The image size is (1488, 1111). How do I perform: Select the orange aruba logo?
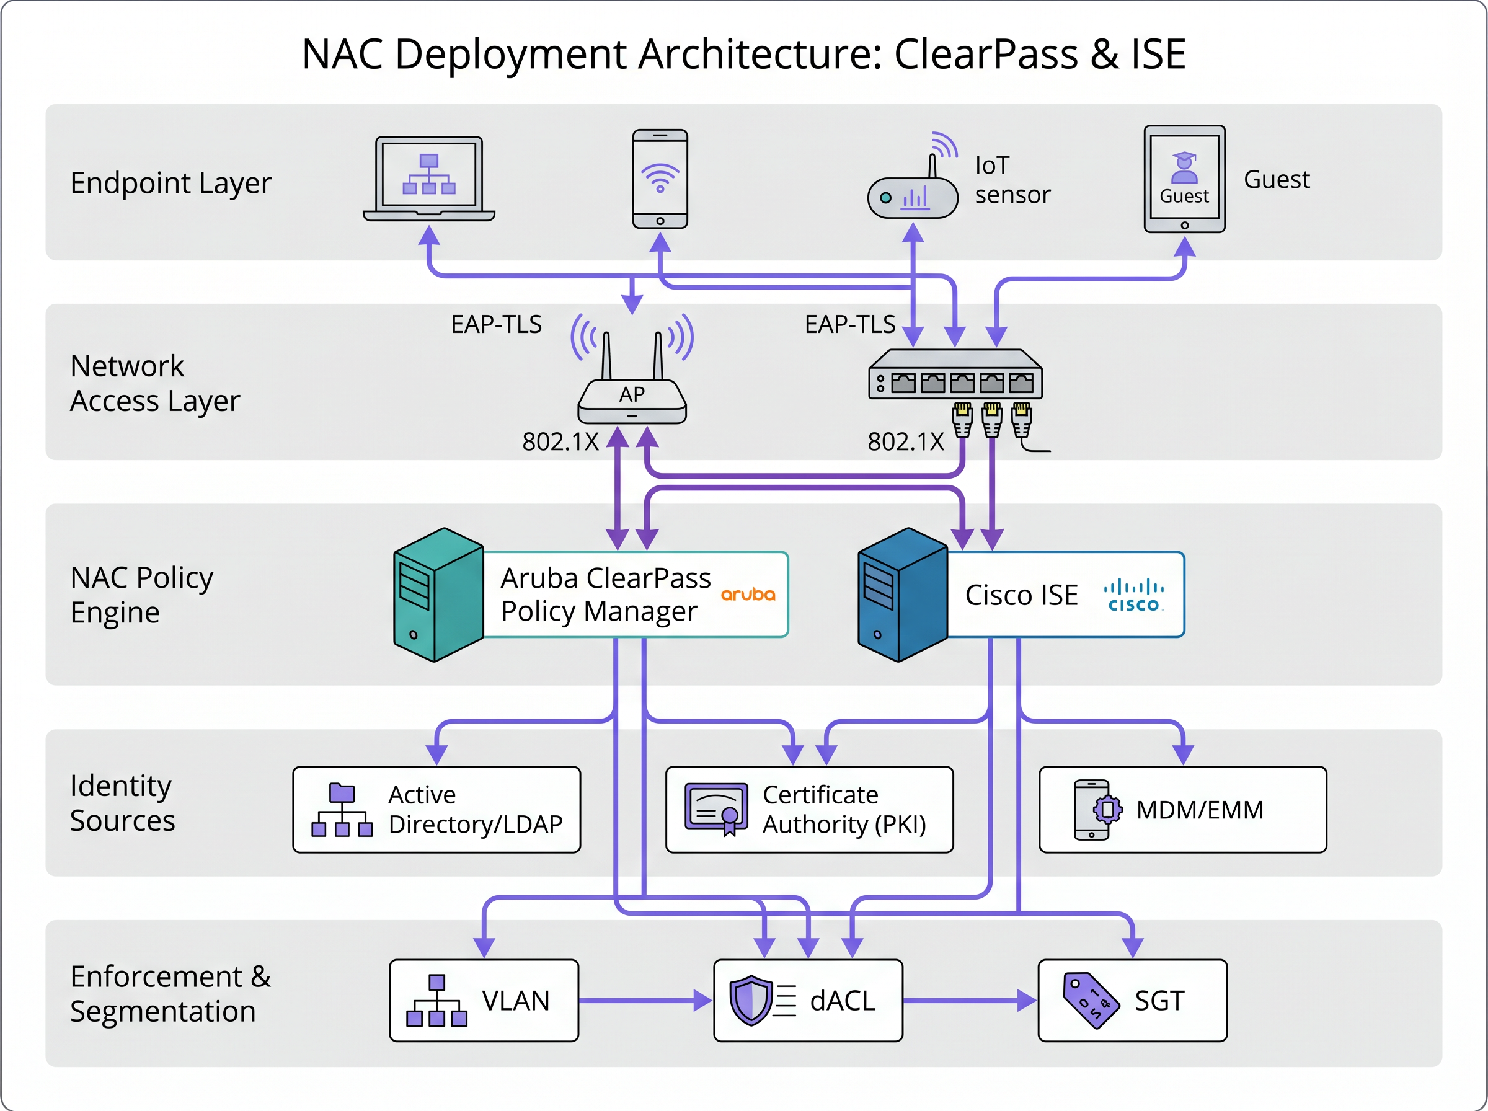pos(748,595)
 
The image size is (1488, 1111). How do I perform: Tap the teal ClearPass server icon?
pos(438,595)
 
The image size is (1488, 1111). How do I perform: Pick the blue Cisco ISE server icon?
pos(902,595)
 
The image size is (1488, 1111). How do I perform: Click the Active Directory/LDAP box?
pos(436,810)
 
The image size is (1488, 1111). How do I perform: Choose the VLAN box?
pos(484,1001)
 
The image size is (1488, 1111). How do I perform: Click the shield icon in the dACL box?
pos(750,1000)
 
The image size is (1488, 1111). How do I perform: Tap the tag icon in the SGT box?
pos(1090,1000)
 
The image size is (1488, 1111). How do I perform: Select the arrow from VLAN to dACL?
pos(645,1001)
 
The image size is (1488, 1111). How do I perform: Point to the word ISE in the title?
pos(1158,54)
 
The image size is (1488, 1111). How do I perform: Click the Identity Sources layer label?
pos(122,803)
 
